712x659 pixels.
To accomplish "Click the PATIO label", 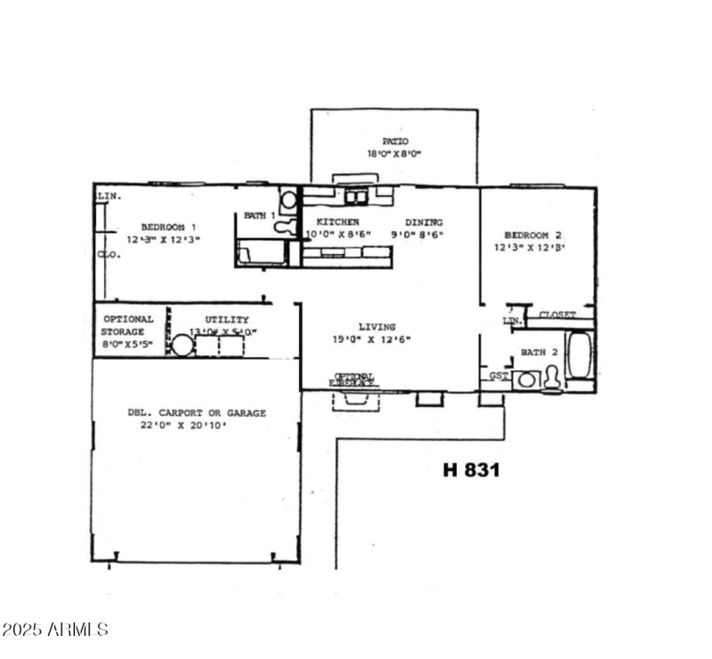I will point(395,141).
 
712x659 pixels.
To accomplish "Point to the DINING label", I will point(424,222).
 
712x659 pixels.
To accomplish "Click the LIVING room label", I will point(377,327).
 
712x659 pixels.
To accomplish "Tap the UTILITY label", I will point(226,320).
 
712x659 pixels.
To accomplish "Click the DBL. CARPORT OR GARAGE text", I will point(196,413).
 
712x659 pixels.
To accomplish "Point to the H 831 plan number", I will point(471,469).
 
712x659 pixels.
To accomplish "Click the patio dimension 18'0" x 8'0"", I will point(395,154).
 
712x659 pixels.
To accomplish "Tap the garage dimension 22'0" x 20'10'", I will point(196,427).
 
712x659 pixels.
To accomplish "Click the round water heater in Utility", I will point(182,346).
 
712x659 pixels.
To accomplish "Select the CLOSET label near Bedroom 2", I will point(558,314).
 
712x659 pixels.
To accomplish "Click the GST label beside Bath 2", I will point(498,376).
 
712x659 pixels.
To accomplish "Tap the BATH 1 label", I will point(260,216).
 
